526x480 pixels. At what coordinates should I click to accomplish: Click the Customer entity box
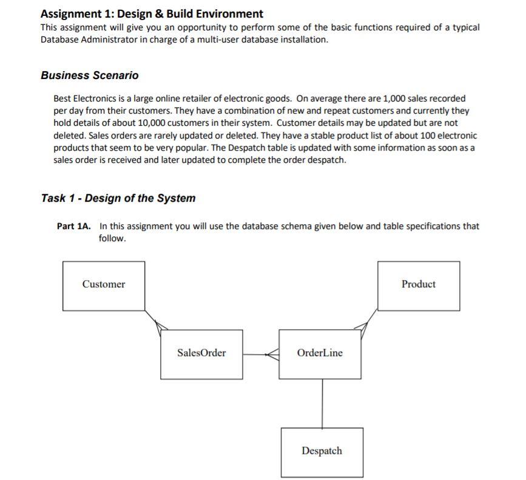click(104, 286)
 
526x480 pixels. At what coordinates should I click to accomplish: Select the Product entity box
click(419, 286)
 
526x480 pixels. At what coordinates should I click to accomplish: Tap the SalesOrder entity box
click(201, 354)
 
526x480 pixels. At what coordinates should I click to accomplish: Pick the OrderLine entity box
click(320, 354)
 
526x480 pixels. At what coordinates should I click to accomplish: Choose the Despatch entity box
click(322, 452)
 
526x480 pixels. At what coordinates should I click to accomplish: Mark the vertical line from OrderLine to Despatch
click(322, 403)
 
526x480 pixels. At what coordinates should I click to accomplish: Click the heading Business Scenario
click(89, 75)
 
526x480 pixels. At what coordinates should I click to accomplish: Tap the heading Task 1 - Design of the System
click(118, 198)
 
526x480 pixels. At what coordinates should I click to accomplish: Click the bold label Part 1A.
click(74, 226)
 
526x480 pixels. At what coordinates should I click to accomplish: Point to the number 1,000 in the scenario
click(395, 98)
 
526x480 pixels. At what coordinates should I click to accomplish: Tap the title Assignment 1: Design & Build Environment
click(152, 13)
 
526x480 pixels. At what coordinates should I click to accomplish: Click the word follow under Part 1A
click(112, 238)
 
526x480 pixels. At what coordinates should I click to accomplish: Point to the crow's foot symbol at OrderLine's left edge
click(273, 354)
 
